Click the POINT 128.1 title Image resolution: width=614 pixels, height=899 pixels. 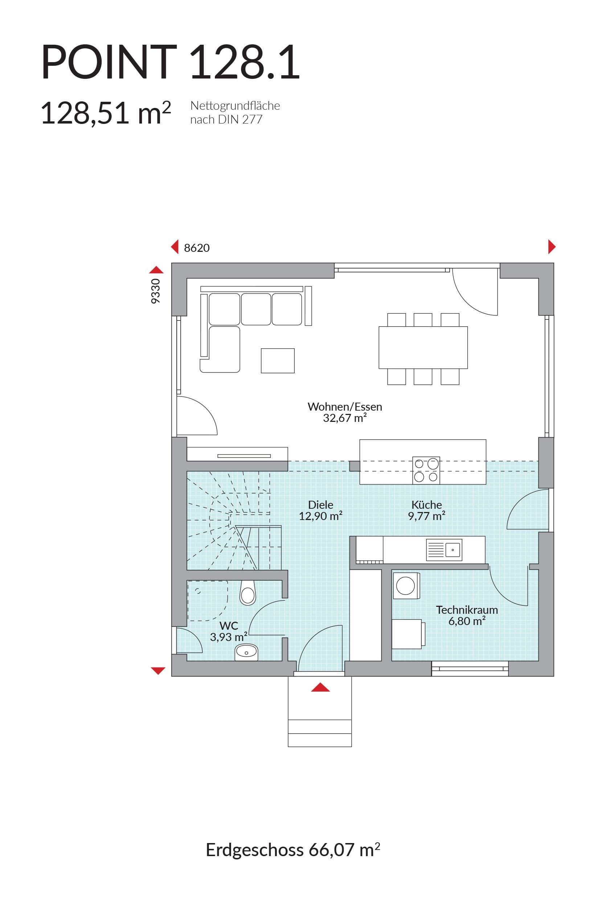[171, 62]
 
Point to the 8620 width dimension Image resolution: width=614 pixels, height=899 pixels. [197, 247]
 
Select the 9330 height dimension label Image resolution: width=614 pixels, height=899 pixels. [155, 291]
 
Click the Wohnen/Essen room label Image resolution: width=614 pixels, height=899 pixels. [345, 412]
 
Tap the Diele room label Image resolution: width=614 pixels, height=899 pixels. [321, 510]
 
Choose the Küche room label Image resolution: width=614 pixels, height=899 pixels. [427, 510]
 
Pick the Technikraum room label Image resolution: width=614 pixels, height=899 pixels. [467, 616]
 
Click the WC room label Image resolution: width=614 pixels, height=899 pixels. [229, 631]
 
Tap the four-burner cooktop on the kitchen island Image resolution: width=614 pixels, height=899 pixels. [426, 470]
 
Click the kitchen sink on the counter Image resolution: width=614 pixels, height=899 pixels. [444, 550]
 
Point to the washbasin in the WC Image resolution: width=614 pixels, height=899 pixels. [246, 653]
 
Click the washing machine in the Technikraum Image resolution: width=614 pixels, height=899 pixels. [406, 586]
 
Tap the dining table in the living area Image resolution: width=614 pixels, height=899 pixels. [423, 347]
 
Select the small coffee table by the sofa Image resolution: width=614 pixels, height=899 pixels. [278, 360]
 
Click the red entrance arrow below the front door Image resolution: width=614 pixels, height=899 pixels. [320, 687]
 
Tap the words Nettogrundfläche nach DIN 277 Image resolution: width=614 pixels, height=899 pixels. [235, 113]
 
